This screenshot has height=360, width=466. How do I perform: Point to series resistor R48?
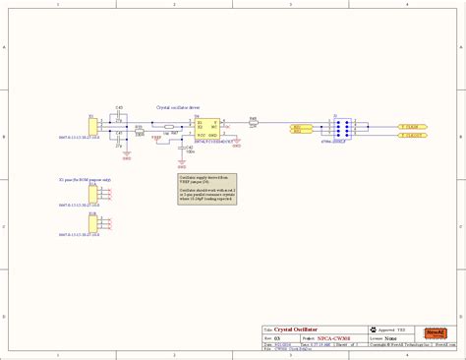coord(253,123)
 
